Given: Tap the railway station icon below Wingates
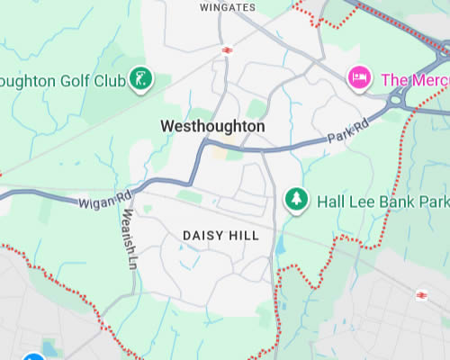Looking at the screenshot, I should [227, 49].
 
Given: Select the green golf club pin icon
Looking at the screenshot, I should [139, 78].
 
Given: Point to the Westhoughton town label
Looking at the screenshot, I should [212, 127].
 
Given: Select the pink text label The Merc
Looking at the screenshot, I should [414, 79].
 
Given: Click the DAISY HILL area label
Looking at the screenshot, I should [220, 235].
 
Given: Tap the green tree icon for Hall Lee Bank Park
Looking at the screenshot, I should [294, 199].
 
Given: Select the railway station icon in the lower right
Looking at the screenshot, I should [421, 294].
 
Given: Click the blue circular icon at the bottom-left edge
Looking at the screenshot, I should [34, 357].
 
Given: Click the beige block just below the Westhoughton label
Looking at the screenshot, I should [220, 152].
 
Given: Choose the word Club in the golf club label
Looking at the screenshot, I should [111, 79].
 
